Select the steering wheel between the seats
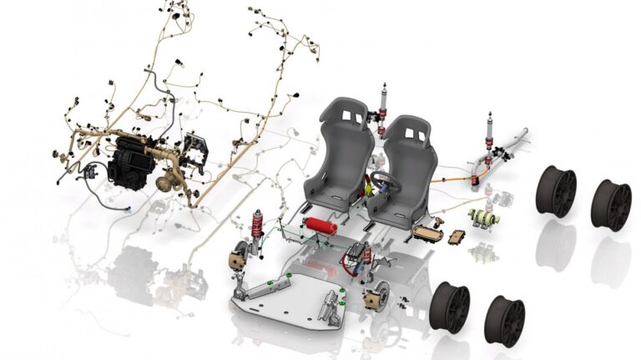(x=385, y=181)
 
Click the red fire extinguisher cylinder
(x=319, y=226)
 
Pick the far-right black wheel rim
(x=612, y=205)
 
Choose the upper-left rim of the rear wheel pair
(x=556, y=190)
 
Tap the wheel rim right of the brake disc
(x=451, y=306)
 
